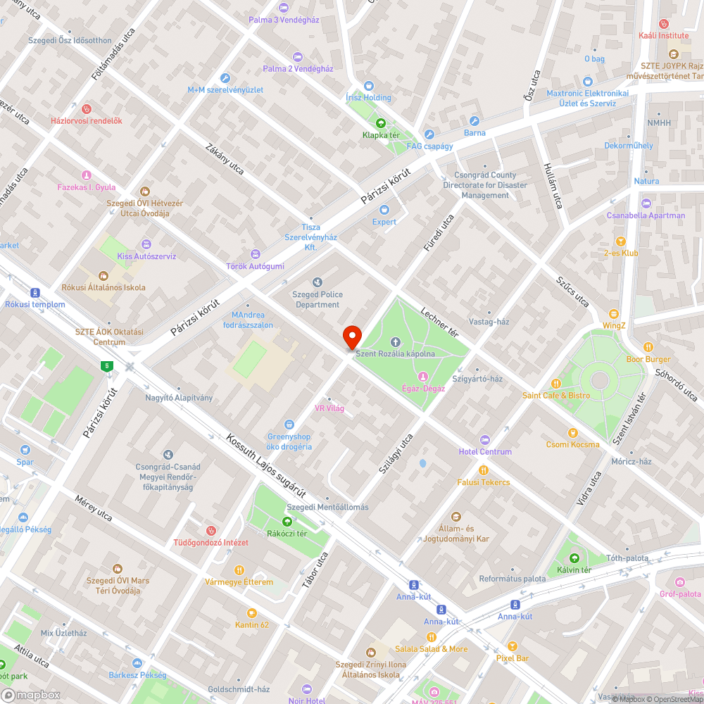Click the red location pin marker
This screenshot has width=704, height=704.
352,337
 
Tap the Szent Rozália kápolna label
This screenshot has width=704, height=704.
395,353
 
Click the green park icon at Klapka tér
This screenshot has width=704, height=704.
381,122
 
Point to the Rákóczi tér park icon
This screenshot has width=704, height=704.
287,521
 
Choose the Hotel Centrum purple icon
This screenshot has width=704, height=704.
484,439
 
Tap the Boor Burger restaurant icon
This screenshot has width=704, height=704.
648,347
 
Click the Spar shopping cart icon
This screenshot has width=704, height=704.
25,450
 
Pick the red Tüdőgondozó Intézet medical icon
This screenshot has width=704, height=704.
210,530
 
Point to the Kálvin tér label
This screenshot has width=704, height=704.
574,570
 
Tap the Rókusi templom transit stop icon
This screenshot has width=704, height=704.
34,293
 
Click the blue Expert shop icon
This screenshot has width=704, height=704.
384,210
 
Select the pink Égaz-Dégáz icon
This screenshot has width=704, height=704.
423,377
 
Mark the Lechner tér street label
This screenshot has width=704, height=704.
439,322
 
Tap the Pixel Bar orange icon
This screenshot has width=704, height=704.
513,646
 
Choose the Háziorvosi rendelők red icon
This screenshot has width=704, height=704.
87,109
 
